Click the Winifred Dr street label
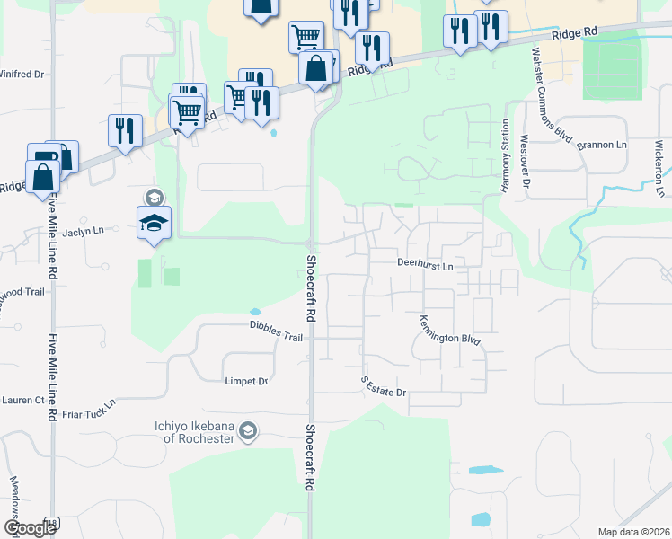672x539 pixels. click(22, 75)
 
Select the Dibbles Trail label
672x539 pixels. click(276, 334)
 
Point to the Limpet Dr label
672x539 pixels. click(245, 382)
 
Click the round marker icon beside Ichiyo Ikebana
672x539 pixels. click(249, 433)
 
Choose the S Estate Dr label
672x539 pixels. click(385, 387)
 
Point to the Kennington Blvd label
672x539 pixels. click(450, 331)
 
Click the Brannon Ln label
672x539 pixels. click(602, 145)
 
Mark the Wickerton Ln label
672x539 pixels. click(660, 167)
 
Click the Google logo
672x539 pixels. click(29, 528)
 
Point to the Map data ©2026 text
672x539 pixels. click(632, 532)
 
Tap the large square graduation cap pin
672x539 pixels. click(155, 223)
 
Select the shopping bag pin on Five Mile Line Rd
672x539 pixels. click(43, 177)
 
